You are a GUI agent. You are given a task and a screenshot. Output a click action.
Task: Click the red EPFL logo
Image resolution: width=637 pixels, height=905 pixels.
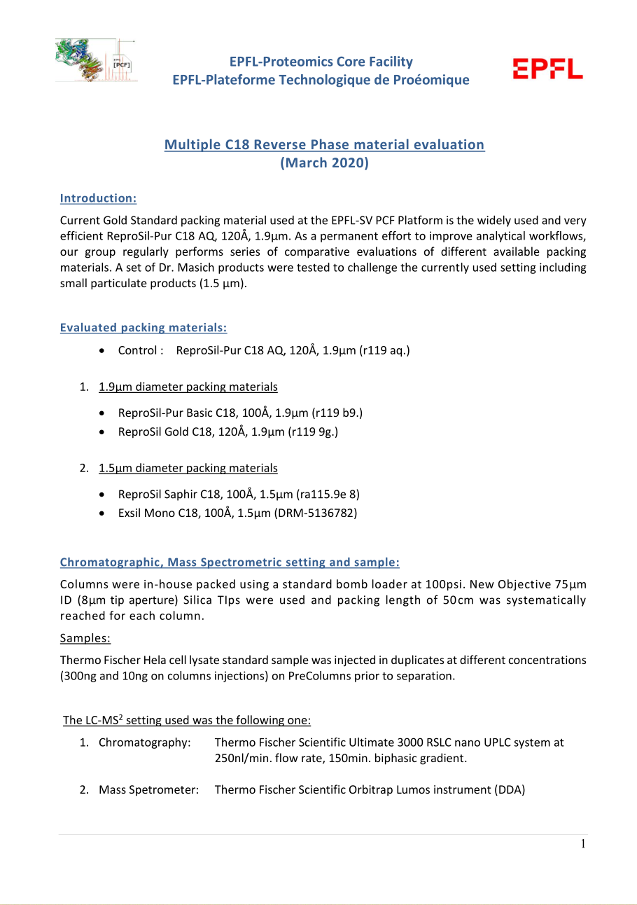[547, 69]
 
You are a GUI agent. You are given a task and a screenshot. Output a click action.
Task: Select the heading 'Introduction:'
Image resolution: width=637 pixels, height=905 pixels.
[98, 198]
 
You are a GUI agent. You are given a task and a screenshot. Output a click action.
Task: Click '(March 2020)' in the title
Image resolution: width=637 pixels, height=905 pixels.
[324, 163]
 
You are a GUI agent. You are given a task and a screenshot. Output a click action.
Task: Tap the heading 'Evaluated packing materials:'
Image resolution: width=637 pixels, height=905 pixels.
[143, 327]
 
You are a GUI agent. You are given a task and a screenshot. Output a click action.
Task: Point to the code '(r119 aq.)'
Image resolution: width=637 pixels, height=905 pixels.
[384, 350]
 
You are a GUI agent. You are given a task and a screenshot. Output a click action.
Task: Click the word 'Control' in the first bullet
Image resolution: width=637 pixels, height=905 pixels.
[137, 350]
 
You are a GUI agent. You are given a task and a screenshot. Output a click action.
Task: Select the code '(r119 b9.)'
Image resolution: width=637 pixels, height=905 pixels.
[337, 413]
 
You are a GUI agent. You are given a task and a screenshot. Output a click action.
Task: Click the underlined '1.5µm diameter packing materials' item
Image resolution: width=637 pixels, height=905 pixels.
[188, 468]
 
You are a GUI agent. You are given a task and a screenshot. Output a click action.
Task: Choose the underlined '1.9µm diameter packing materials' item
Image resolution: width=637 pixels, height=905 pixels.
[188, 387]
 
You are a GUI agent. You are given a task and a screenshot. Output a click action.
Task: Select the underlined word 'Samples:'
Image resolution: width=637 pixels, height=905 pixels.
[85, 637]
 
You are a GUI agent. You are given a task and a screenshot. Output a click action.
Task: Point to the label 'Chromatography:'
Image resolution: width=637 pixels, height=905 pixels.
[144, 742]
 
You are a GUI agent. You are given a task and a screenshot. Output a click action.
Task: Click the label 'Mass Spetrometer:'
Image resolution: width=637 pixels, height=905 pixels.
[148, 790]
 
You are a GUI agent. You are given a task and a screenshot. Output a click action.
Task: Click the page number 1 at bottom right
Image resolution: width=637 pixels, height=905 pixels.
[582, 843]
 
